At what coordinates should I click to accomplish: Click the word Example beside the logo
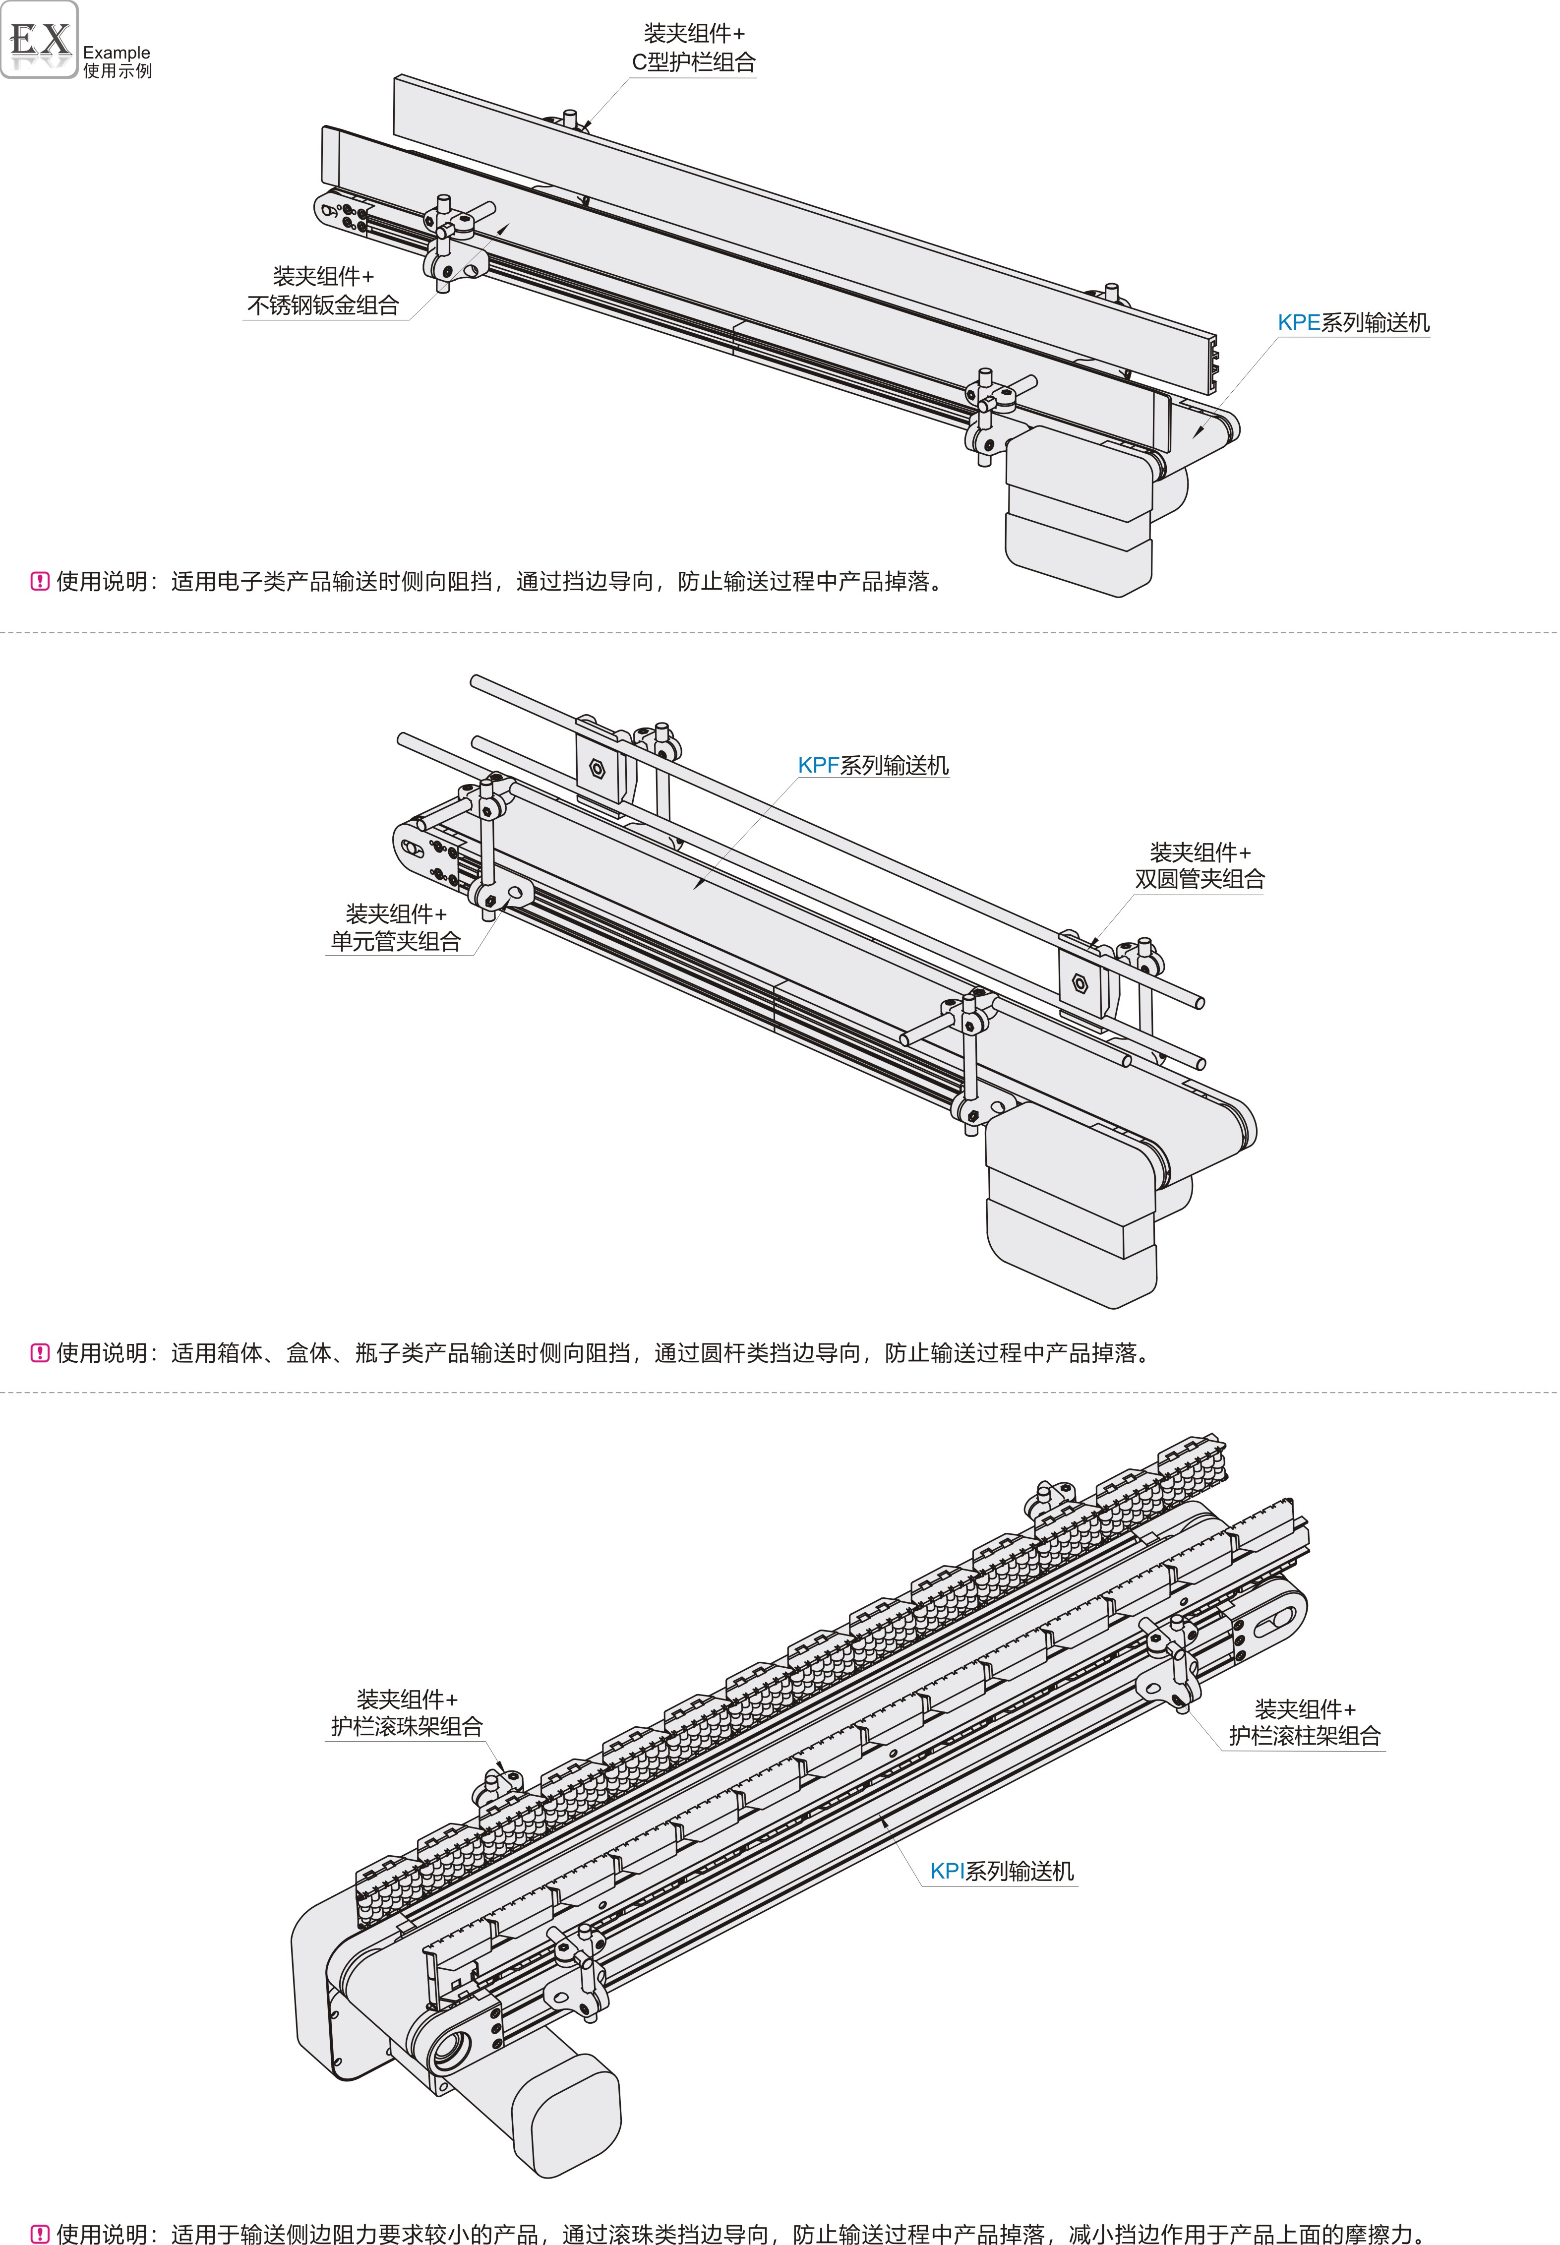click(x=117, y=53)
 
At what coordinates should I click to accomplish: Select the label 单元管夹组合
click(x=396, y=941)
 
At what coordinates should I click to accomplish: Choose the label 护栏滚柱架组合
click(x=1305, y=1736)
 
